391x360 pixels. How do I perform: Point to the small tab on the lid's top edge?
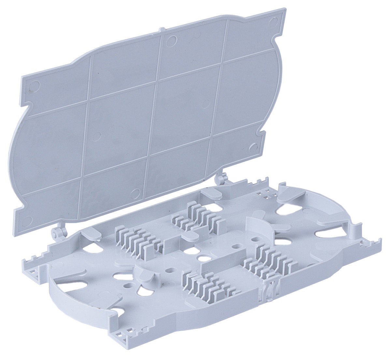(x=159, y=31)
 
